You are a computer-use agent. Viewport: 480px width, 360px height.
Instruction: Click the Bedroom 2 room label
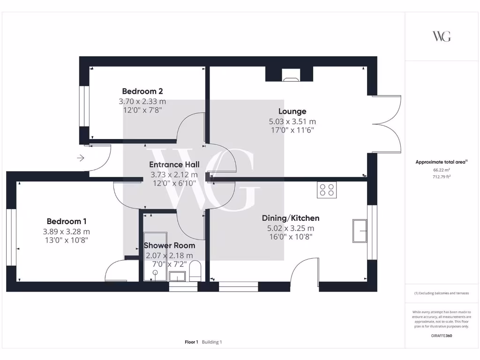142,91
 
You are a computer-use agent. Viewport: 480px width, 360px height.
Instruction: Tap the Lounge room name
292,111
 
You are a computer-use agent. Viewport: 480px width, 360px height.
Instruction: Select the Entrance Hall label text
174,165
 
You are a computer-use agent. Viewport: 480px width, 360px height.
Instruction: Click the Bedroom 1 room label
66,221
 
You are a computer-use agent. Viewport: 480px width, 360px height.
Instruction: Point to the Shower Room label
169,245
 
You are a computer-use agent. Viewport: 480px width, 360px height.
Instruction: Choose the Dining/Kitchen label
290,218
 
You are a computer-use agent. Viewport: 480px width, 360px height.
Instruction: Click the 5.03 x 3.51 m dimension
292,121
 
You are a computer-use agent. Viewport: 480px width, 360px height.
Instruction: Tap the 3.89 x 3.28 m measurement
66,232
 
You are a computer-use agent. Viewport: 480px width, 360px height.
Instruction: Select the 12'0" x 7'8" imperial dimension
142,110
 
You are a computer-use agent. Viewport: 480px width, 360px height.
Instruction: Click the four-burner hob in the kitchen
327,190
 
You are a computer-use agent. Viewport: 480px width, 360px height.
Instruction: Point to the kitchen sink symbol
360,231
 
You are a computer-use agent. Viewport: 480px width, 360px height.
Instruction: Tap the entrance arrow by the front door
80,158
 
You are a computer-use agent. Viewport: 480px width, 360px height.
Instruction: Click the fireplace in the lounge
289,75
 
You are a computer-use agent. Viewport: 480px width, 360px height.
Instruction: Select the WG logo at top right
441,36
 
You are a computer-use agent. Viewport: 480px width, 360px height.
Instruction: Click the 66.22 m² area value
441,171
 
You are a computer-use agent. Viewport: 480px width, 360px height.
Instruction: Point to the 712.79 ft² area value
441,177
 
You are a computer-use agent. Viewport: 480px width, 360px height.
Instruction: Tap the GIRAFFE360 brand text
441,336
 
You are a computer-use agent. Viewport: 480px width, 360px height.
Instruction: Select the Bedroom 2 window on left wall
85,105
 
